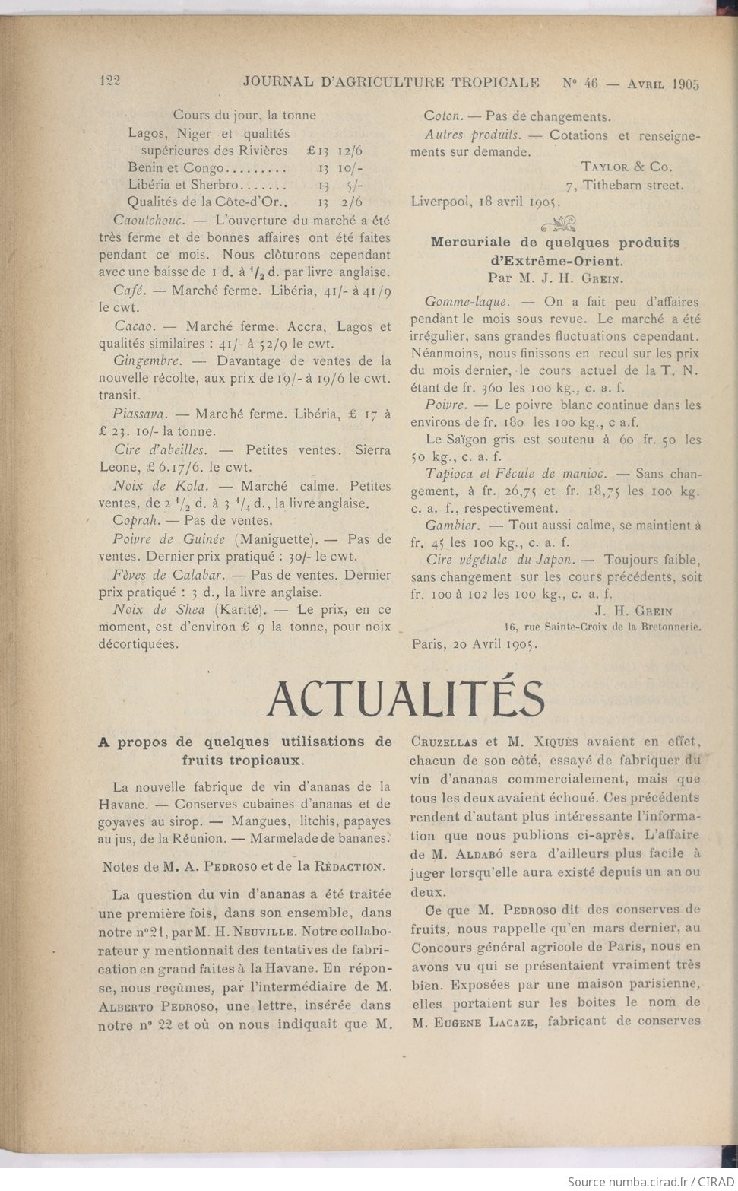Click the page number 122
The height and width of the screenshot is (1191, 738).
(110, 81)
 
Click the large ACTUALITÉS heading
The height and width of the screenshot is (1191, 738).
(406, 698)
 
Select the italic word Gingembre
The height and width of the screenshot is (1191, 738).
(147, 360)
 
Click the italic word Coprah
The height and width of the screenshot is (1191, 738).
(135, 521)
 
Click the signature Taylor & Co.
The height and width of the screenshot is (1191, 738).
(626, 167)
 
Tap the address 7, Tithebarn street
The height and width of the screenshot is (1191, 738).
(624, 185)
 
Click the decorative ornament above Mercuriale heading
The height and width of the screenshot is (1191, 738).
(558, 223)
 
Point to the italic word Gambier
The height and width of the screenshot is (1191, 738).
(451, 526)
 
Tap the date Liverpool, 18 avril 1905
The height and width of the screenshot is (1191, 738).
(484, 202)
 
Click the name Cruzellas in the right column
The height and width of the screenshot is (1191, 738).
(444, 742)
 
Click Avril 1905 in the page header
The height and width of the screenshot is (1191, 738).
(663, 84)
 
